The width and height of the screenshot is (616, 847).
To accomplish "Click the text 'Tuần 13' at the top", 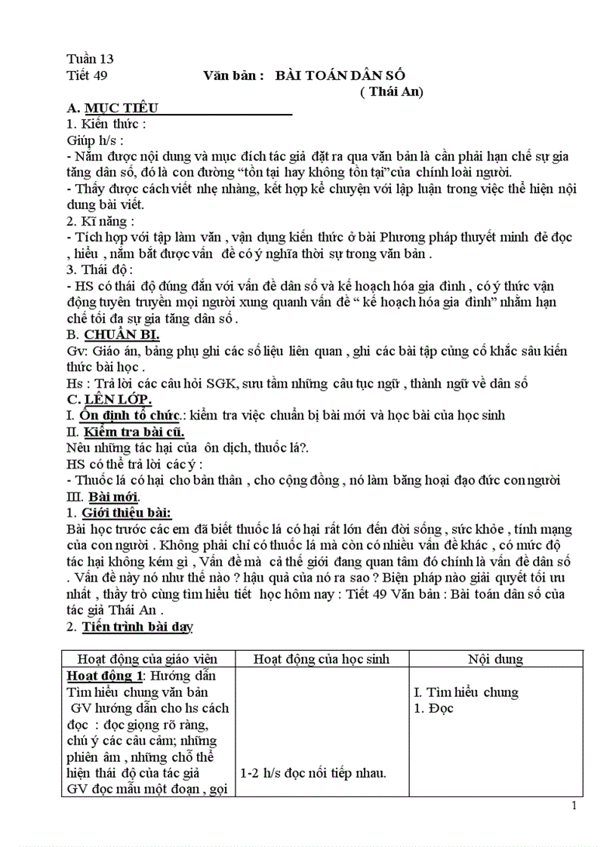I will [x=90, y=59].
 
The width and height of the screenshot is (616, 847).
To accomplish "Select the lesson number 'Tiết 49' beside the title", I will [x=88, y=75].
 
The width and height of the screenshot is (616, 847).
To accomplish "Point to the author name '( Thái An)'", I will [x=392, y=92].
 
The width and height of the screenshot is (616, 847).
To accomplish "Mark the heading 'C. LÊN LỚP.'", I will [x=109, y=399].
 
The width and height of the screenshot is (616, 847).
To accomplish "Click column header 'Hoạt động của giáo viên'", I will [x=149, y=658].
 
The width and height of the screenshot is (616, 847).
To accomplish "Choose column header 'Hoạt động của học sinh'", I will [x=321, y=658].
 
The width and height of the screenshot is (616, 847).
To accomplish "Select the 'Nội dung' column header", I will [x=494, y=658].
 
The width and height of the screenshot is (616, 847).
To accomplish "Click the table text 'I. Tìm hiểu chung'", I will [x=467, y=692].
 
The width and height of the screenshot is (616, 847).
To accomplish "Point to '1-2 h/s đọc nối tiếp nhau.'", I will [x=313, y=773].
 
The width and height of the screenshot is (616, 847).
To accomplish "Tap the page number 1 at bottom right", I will [x=574, y=806].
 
